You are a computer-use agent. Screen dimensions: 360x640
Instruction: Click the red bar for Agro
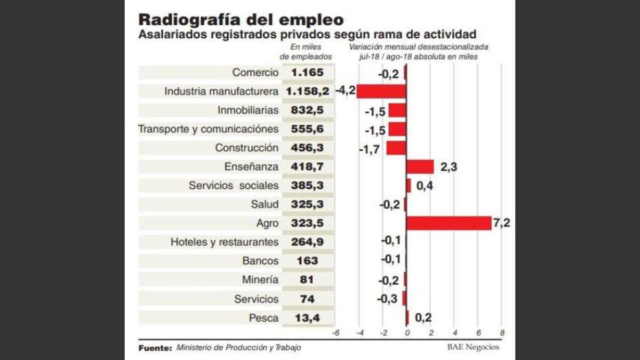(448, 223)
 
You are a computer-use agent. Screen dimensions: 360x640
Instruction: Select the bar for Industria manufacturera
(381, 92)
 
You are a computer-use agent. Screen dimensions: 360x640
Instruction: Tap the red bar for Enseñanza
(420, 167)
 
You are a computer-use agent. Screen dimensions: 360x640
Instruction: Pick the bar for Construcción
(396, 148)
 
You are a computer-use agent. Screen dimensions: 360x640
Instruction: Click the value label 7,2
(502, 223)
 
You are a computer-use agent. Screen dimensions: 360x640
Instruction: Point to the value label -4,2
(345, 91)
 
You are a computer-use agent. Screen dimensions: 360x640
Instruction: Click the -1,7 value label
(369, 149)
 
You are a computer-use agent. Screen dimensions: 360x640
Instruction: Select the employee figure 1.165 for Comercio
(307, 73)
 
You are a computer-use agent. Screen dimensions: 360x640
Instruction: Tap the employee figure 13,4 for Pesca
(307, 318)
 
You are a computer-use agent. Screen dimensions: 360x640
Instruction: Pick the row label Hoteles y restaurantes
(225, 242)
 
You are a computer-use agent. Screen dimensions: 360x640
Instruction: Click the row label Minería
(260, 280)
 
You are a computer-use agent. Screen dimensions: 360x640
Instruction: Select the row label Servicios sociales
(234, 186)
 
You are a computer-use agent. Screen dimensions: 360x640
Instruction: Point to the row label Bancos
(260, 261)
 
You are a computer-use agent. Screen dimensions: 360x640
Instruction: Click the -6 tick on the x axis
(335, 333)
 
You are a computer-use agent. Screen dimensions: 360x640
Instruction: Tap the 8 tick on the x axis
(502, 333)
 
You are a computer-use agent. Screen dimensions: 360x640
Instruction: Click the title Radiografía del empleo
(241, 20)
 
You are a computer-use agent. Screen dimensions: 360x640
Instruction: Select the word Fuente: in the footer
(155, 347)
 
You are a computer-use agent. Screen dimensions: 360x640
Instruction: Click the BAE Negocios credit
(473, 347)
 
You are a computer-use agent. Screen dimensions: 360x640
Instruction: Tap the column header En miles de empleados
(307, 52)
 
